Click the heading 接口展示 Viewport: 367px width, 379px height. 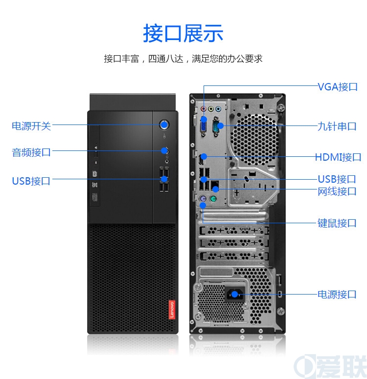click(x=183, y=33)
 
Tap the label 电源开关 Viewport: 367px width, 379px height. click(x=31, y=126)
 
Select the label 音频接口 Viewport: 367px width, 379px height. click(x=31, y=152)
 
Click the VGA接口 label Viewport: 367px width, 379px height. click(x=338, y=87)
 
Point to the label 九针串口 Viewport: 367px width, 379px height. click(x=337, y=126)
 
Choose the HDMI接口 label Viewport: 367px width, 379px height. click(x=338, y=157)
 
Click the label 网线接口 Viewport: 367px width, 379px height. click(x=337, y=191)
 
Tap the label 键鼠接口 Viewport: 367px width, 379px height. click(x=337, y=223)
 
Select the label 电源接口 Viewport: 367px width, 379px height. click(x=337, y=295)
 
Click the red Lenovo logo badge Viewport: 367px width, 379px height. click(x=172, y=310)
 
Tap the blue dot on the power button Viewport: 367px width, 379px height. click(x=164, y=125)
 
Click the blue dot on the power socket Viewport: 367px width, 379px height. click(x=234, y=294)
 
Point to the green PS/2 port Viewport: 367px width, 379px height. click(x=213, y=199)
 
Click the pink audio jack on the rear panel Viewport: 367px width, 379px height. click(x=203, y=109)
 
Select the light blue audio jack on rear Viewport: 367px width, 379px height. click(x=218, y=109)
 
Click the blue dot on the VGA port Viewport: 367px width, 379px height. click(x=204, y=119)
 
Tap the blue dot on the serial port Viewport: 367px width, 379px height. click(x=220, y=126)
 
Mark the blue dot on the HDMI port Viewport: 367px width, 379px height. click(x=204, y=157)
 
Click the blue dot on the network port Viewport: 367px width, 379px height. click(x=215, y=189)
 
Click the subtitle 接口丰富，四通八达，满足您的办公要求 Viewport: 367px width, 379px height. click(x=183, y=59)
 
